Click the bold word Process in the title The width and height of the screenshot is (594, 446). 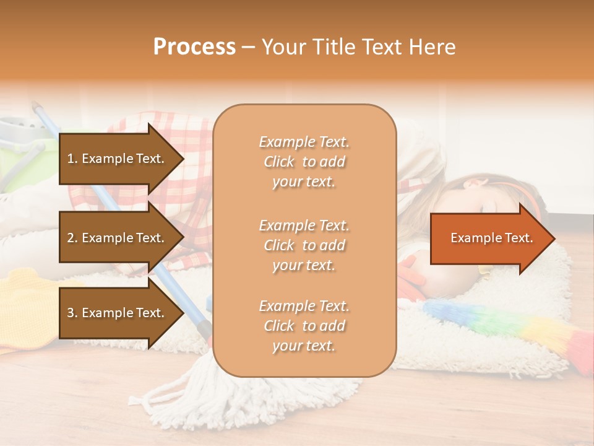tap(194, 47)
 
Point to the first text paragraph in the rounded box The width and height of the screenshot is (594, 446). tap(304, 162)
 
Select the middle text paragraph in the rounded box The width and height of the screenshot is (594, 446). tap(304, 245)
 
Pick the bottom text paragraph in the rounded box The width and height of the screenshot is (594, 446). tap(304, 326)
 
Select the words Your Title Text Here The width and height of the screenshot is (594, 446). tap(358, 47)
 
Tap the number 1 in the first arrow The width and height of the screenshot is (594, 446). tap(71, 159)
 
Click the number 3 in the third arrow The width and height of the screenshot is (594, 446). tap(71, 313)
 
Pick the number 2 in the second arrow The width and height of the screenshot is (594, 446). tap(71, 238)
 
